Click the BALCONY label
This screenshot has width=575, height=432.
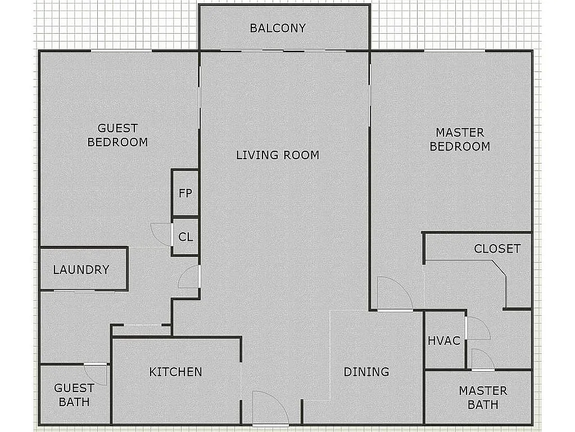pyautogui.click(x=278, y=28)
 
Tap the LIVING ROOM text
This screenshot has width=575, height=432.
pyautogui.click(x=278, y=155)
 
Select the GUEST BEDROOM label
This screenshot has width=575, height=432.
pyautogui.click(x=117, y=135)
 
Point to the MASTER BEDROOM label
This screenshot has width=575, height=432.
pyautogui.click(x=460, y=139)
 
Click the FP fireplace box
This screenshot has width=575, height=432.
pyautogui.click(x=185, y=193)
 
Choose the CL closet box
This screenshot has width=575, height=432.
pyautogui.click(x=185, y=237)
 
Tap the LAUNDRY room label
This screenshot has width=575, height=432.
pyautogui.click(x=81, y=269)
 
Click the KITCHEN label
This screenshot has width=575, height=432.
pyautogui.click(x=175, y=372)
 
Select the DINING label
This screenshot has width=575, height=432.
pyautogui.click(x=366, y=372)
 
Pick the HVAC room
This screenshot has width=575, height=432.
pyautogui.click(x=444, y=341)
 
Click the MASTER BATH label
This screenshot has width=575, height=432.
pyautogui.click(x=483, y=397)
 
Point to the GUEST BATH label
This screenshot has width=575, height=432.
pyautogui.click(x=74, y=395)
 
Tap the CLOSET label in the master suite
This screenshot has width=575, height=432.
pyautogui.click(x=497, y=249)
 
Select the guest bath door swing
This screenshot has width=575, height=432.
pyautogui.click(x=97, y=374)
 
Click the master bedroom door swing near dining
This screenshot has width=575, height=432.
pyautogui.click(x=393, y=294)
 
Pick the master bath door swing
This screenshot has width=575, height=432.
pyautogui.click(x=482, y=360)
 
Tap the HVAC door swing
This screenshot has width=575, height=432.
pyautogui.click(x=477, y=328)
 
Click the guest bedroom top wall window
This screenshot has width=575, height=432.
pyautogui.click(x=121, y=51)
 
